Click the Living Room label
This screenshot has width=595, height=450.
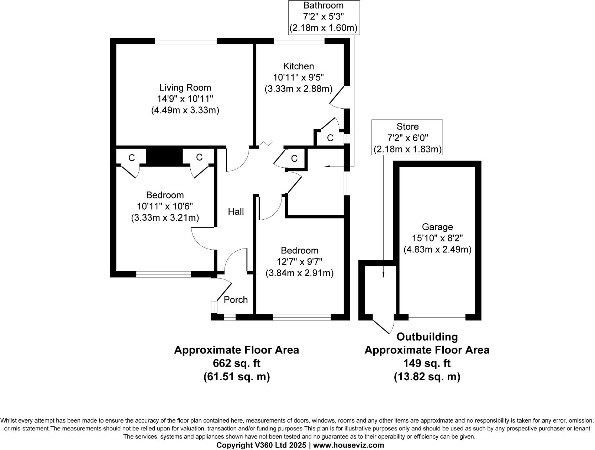(x=185, y=88)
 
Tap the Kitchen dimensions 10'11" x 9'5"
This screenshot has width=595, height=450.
(x=298, y=78)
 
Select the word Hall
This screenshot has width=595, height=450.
(x=236, y=212)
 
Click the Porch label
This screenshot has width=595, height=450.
(x=236, y=300)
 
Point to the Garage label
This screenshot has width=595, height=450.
(x=437, y=227)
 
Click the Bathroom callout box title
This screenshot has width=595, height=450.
(x=323, y=5)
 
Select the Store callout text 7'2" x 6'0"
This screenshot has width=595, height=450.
(x=407, y=138)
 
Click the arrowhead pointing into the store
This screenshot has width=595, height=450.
(x=383, y=274)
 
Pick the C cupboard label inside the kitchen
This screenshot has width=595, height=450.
(x=330, y=138)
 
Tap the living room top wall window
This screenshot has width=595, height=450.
(x=185, y=41)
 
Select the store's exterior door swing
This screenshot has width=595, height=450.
(x=384, y=324)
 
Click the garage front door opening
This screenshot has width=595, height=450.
(x=437, y=317)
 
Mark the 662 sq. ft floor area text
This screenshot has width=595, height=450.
(x=236, y=363)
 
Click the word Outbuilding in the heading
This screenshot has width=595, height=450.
(x=427, y=336)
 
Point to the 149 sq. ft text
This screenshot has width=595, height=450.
(x=427, y=363)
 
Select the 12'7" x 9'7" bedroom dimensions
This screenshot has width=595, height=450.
(x=299, y=262)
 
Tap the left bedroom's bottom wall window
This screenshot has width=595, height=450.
(x=163, y=274)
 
